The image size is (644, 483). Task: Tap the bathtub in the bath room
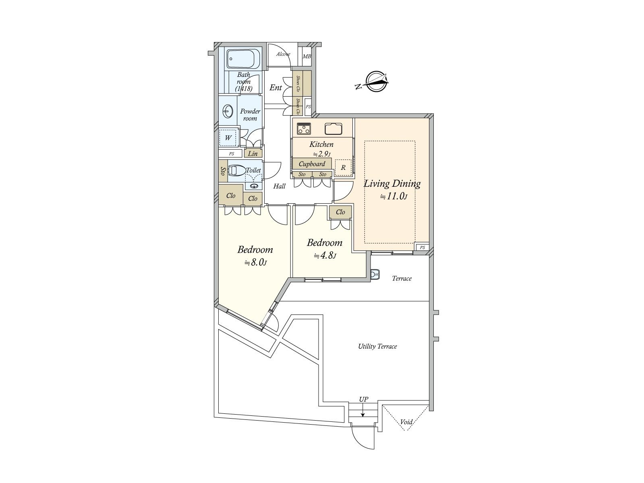tap(242, 59)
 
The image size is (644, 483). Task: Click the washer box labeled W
tap(228, 138)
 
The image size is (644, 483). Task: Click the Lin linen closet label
tap(253, 153)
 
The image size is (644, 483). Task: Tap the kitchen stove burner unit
tap(304, 129)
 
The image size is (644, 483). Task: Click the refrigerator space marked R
tap(343, 168)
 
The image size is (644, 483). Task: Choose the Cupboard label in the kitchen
tap(312, 164)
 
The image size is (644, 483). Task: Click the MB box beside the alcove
tap(307, 56)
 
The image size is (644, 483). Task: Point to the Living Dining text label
tap(392, 184)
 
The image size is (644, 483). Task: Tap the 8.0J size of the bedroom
tap(256, 262)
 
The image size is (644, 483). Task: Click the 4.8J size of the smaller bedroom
tap(325, 256)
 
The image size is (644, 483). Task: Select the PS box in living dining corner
tap(422, 247)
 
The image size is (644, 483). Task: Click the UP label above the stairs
tap(363, 399)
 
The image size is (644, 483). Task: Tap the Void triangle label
tap(406, 422)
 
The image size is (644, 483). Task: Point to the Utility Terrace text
tap(377, 346)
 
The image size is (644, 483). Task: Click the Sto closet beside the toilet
tap(222, 171)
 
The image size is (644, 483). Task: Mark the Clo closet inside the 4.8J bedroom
tap(340, 212)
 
